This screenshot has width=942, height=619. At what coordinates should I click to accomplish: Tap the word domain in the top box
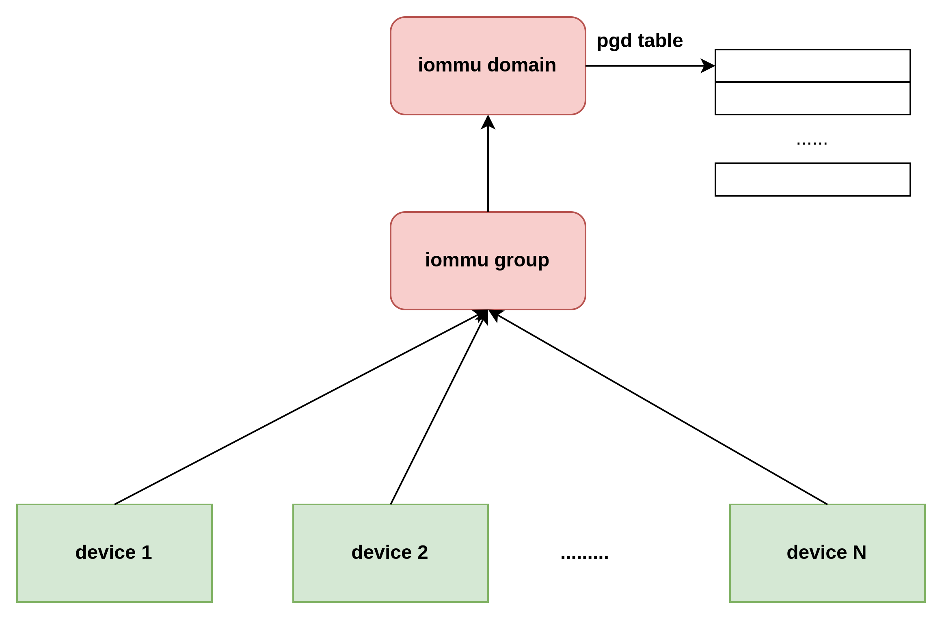(x=521, y=65)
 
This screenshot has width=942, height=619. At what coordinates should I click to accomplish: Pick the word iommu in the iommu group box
(x=456, y=260)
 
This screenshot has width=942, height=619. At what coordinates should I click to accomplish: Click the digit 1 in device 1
(x=147, y=552)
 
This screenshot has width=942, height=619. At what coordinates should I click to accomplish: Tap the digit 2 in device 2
(x=423, y=552)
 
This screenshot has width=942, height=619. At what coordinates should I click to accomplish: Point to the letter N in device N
(x=860, y=552)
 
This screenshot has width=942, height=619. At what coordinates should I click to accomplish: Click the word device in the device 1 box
(x=106, y=552)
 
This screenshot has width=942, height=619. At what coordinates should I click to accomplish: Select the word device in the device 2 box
(x=382, y=552)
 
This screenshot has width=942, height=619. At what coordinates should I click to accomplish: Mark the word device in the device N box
(x=817, y=552)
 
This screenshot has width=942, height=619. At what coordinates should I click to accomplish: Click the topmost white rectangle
(x=812, y=66)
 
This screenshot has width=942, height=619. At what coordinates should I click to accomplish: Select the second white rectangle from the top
(x=812, y=98)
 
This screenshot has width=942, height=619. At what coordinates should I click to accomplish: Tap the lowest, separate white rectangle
(x=812, y=180)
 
